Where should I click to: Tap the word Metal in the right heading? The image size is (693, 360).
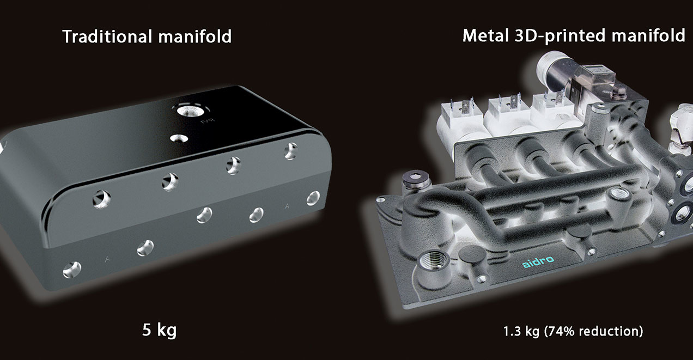coord(483,36)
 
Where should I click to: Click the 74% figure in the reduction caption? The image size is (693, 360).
coord(569,331)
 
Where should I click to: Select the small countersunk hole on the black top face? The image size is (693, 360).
coord(175,139)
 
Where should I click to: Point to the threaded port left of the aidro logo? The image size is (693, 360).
coord(430,260)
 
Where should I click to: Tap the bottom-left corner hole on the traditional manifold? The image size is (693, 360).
coord(72,268)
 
